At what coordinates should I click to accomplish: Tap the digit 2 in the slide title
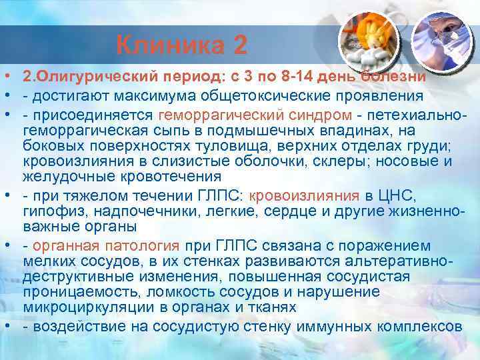click(240, 45)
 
